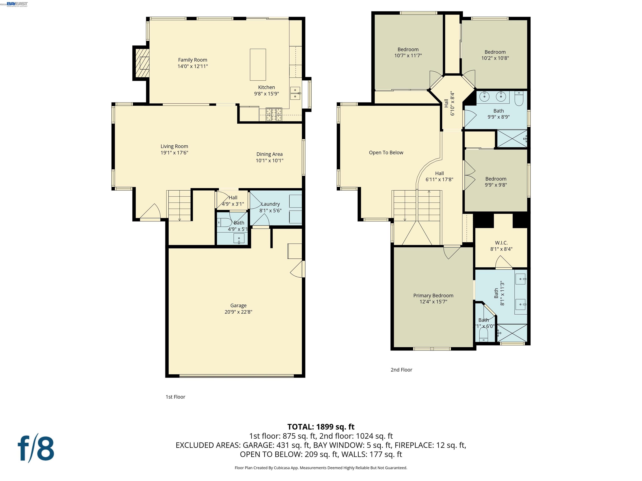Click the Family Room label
(x=192, y=60)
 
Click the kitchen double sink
(x=295, y=93)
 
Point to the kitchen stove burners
(x=274, y=114)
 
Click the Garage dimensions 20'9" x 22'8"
(x=238, y=312)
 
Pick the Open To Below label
(x=386, y=153)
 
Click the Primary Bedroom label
(x=433, y=295)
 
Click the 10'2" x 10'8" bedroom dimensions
(x=495, y=58)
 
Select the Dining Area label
(x=269, y=154)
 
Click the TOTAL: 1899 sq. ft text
(x=321, y=427)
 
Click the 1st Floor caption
(x=175, y=397)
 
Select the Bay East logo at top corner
(x=17, y=4)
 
